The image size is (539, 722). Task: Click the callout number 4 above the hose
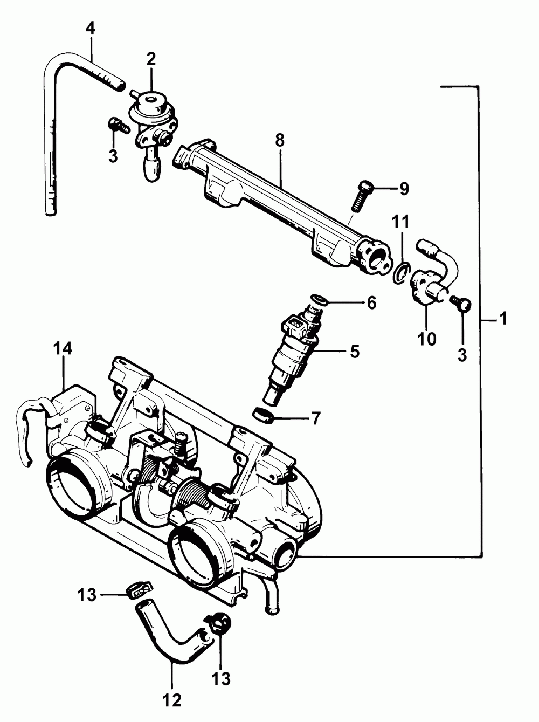click(x=91, y=28)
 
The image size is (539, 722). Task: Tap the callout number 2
click(x=151, y=58)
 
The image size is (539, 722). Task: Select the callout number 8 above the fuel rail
click(x=279, y=141)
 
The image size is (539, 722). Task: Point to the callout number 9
click(x=404, y=189)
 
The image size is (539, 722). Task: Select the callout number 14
click(x=63, y=349)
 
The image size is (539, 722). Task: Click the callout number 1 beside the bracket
click(x=503, y=319)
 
